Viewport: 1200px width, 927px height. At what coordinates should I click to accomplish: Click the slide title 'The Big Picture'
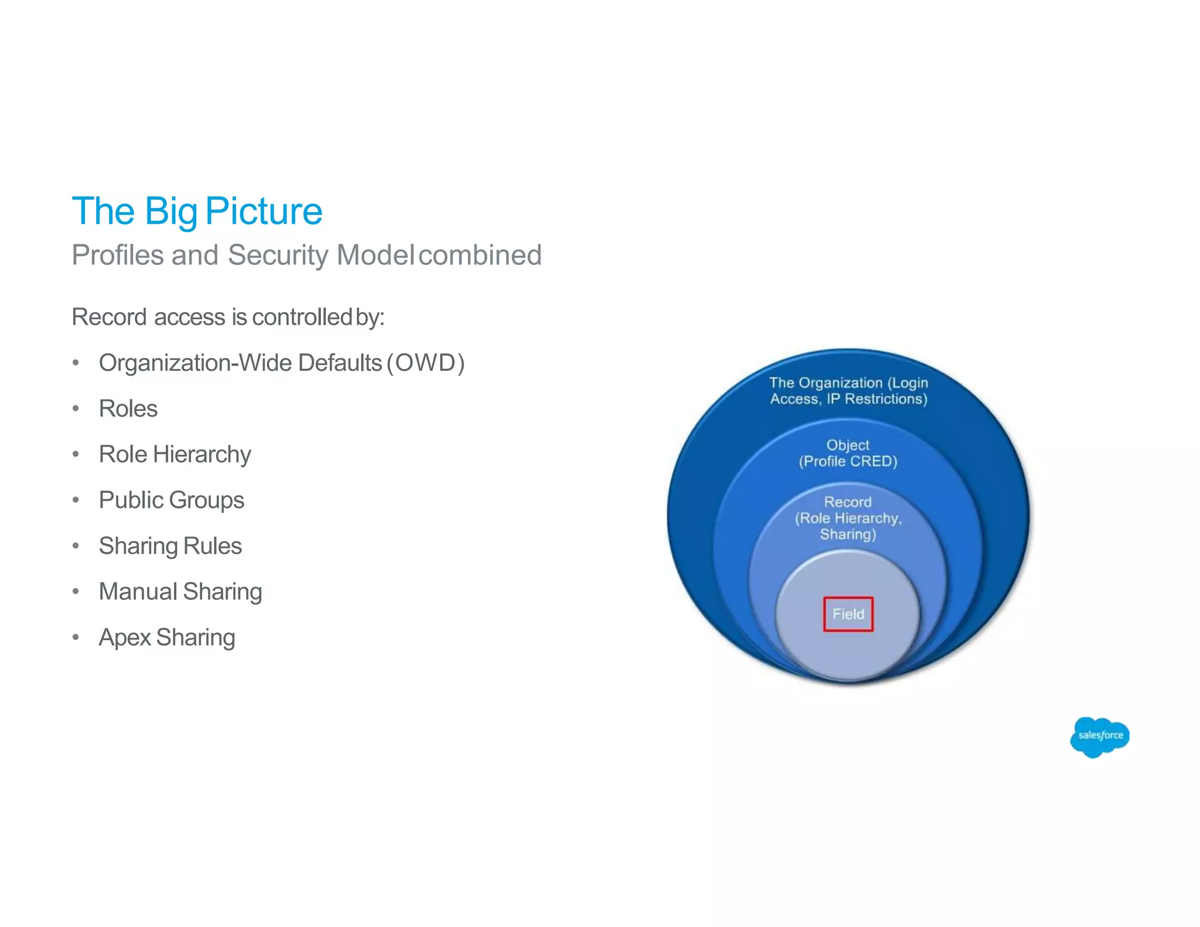pos(197,211)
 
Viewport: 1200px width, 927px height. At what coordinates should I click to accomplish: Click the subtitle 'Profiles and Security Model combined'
pos(306,255)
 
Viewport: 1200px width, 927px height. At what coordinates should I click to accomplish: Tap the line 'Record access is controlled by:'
pos(228,317)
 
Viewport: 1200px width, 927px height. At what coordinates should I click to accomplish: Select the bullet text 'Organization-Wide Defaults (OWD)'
pos(281,363)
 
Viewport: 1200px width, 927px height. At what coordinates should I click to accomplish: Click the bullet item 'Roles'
pos(128,409)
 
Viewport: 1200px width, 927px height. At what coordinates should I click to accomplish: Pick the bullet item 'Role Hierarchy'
pos(175,455)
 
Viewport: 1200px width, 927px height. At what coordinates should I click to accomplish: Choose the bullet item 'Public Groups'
pos(171,500)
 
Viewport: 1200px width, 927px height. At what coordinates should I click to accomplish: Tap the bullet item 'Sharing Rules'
pos(170,546)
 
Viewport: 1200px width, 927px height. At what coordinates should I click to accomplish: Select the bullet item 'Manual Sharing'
pos(180,592)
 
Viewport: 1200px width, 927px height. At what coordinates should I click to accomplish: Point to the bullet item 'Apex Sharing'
pos(167,638)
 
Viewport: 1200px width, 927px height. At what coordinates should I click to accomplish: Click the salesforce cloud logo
pos(1099,736)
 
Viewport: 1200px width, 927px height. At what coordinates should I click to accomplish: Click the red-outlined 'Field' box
pos(848,614)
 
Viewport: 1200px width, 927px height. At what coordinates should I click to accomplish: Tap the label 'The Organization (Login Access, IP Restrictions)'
pos(848,391)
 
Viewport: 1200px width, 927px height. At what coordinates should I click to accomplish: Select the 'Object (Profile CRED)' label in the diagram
pos(848,454)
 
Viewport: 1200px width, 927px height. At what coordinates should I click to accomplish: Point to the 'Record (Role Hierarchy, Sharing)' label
pos(848,518)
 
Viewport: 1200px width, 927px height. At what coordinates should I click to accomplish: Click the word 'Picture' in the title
pos(264,211)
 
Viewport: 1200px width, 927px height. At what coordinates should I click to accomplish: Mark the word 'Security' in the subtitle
pos(278,255)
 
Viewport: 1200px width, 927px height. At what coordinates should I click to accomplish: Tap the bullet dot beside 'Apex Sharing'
pos(76,638)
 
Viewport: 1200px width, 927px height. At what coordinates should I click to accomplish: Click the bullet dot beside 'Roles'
pos(76,409)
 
